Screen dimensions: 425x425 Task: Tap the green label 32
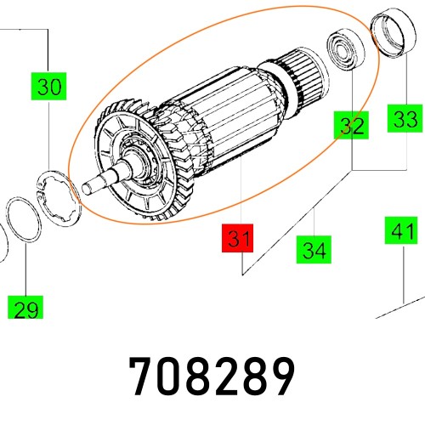[349, 127]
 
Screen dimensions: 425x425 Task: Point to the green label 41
[400, 230]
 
